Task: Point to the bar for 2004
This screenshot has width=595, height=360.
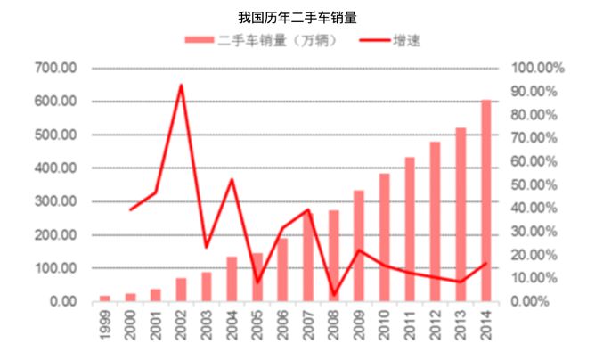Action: pyautogui.click(x=232, y=279)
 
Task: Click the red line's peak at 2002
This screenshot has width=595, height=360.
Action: pyautogui.click(x=181, y=86)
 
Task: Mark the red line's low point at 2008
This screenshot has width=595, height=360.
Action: pyautogui.click(x=333, y=295)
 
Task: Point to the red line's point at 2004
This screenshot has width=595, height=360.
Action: pyautogui.click(x=232, y=180)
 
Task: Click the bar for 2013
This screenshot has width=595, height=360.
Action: pyautogui.click(x=461, y=214)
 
